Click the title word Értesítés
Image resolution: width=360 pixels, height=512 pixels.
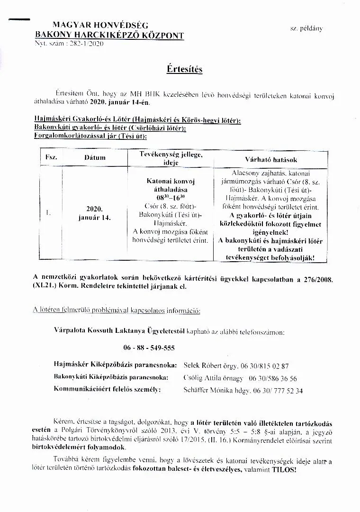pyautogui.click(x=184, y=69)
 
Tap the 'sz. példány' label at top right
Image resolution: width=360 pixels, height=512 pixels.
pyautogui.click(x=306, y=28)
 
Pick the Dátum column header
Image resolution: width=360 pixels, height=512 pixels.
pyautogui.click(x=95, y=157)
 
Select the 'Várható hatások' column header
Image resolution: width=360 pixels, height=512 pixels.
pyautogui.click(x=271, y=160)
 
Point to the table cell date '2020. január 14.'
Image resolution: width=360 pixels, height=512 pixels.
pyautogui.click(x=95, y=213)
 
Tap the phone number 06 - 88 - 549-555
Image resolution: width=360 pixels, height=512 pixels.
pyautogui.click(x=149, y=347)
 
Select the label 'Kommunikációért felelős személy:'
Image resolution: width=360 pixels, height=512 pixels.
pyautogui.click(x=108, y=390)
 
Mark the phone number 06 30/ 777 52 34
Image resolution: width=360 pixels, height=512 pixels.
pyautogui.click(x=279, y=391)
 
